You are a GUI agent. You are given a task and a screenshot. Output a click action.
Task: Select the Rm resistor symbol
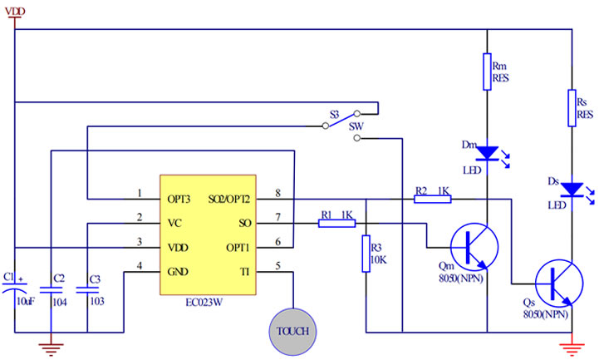(x=487, y=72)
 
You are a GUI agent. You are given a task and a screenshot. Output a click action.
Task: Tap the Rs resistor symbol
(x=572, y=107)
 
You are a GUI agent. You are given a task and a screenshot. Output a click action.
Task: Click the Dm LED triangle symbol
(x=488, y=152)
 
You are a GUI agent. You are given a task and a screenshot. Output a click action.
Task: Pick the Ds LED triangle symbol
(x=572, y=190)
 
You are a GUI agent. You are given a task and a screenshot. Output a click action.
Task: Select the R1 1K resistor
(x=336, y=223)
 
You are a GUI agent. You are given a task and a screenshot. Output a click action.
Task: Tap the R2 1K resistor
(x=432, y=200)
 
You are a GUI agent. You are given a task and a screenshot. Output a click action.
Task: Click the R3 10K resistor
(x=366, y=254)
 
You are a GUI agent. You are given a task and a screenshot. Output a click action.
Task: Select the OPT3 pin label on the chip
(x=179, y=200)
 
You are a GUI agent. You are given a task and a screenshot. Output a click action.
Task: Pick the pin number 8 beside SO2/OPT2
(x=277, y=194)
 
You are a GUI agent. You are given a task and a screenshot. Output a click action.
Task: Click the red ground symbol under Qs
(x=572, y=346)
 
